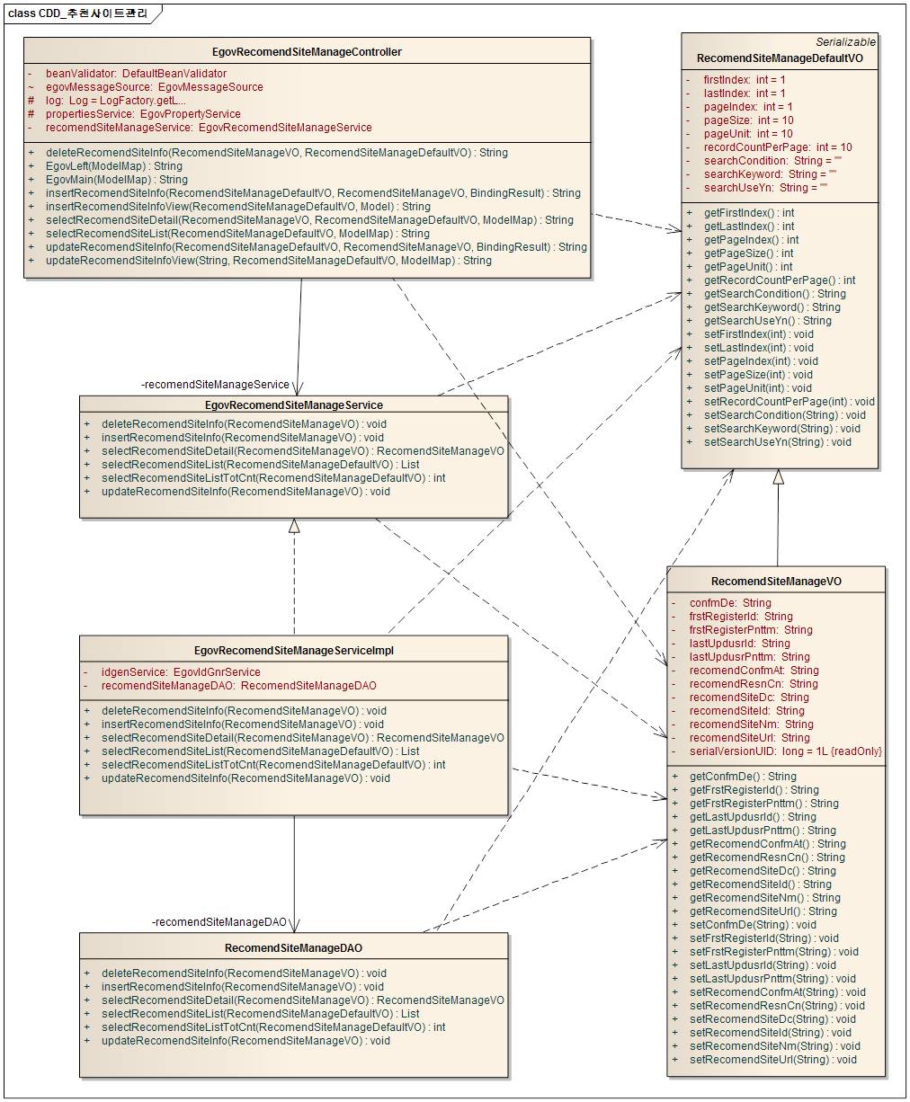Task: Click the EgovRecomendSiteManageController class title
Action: (307, 52)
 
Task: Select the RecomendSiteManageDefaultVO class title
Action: (780, 58)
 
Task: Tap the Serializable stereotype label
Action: (845, 42)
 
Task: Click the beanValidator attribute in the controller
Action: (136, 74)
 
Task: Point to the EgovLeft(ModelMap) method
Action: (113, 166)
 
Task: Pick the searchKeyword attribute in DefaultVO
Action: (770, 174)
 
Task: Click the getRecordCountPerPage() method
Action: (779, 280)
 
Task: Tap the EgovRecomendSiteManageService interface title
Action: (294, 405)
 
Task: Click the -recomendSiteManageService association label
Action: (216, 385)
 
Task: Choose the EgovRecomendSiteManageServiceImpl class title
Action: (294, 651)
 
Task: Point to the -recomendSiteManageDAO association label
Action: (219, 922)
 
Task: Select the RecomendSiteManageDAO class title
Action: (293, 948)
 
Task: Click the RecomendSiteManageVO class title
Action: (776, 582)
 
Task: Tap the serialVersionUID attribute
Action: (785, 751)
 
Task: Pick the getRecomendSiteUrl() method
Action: (763, 911)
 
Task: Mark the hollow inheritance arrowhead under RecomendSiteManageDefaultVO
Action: (779, 477)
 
